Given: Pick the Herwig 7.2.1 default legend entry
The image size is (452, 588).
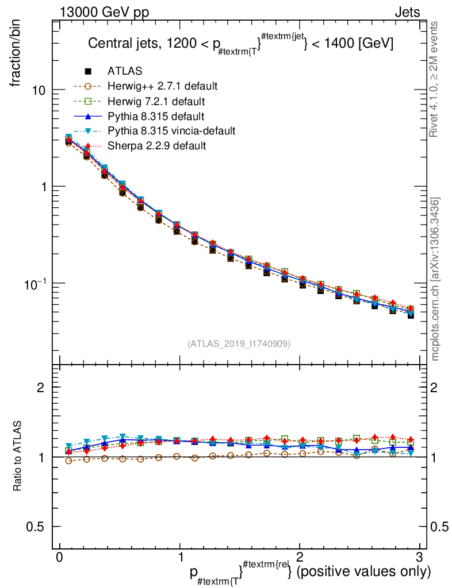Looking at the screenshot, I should point(156,101).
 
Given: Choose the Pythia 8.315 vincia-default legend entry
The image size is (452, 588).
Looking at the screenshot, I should point(171,131).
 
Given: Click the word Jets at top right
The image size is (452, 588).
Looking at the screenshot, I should point(407,12).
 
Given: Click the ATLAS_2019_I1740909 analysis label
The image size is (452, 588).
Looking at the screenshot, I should point(239,343).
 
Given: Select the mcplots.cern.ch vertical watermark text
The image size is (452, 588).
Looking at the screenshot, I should point(435,278).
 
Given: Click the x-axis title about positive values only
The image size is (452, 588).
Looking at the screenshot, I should point(310,572).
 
